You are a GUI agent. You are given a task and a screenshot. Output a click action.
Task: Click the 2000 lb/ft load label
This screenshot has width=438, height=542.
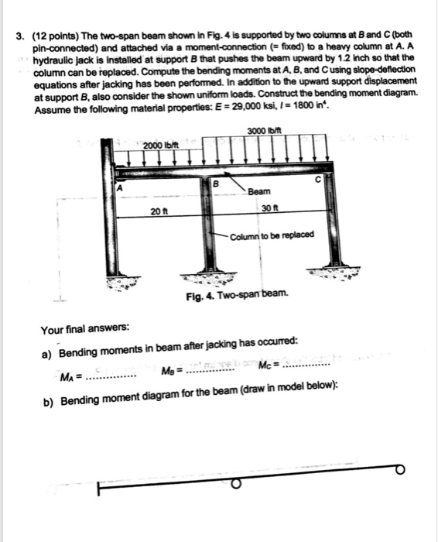[161, 147]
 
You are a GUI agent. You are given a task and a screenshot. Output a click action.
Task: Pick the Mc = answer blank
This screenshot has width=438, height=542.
[306, 364]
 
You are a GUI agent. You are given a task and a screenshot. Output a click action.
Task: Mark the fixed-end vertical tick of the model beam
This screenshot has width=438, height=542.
[99, 492]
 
